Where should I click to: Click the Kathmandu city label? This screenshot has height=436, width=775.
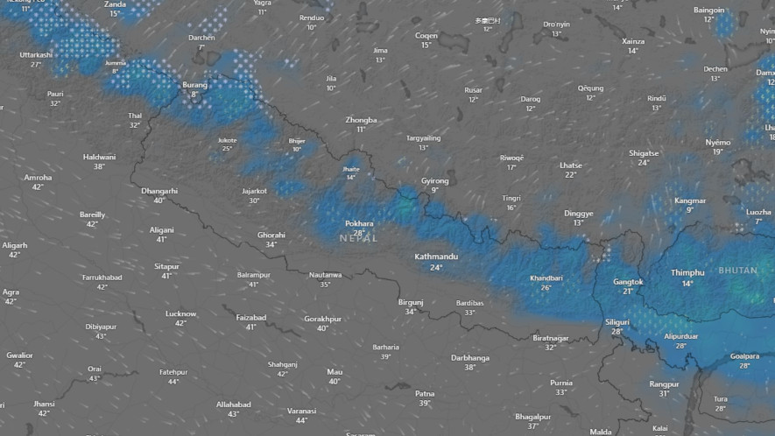436,257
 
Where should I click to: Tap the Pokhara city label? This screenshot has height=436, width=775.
359,223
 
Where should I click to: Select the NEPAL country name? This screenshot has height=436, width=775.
359,238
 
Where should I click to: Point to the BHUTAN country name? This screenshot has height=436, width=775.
737,271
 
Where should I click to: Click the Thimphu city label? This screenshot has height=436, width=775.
687,272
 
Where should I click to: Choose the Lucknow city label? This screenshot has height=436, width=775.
180,313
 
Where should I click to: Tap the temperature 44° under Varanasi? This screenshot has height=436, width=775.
301,420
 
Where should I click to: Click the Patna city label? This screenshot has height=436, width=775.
425,393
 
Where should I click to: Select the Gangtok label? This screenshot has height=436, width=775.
628,282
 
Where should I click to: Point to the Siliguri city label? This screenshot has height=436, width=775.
616,322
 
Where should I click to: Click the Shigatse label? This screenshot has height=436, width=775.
644,153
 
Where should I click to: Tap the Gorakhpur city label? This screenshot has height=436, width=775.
322,319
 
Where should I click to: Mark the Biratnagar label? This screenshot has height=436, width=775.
551,338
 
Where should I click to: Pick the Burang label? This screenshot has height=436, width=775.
194,85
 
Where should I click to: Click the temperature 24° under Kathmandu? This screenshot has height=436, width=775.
436,267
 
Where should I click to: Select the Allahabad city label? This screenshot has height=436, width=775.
234,404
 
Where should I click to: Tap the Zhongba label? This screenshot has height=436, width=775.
361,120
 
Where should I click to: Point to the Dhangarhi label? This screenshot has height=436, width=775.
159,190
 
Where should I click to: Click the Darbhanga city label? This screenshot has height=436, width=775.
470,357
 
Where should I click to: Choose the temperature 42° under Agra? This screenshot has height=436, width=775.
11,302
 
